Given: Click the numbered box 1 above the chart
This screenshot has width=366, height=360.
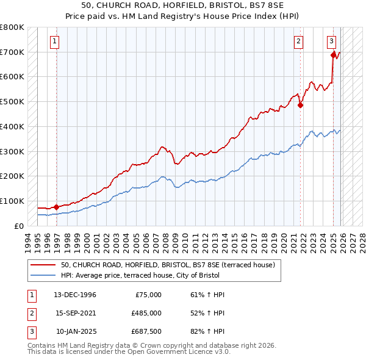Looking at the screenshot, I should (54, 41).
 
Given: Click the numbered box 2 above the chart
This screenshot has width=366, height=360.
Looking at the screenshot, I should (298, 41).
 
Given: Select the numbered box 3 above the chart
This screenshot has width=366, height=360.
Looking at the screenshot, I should (331, 41).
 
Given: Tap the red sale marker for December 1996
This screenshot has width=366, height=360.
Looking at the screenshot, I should (57, 207).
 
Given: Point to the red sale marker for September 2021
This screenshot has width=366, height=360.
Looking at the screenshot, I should (301, 105).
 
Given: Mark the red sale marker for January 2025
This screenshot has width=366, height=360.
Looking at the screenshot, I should (334, 55).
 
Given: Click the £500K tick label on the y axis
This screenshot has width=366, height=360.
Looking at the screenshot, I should (12, 101).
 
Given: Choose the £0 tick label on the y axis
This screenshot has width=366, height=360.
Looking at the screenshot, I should (19, 226).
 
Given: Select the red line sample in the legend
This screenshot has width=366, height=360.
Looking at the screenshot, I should (43, 265).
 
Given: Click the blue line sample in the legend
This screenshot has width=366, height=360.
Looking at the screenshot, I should (43, 275).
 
